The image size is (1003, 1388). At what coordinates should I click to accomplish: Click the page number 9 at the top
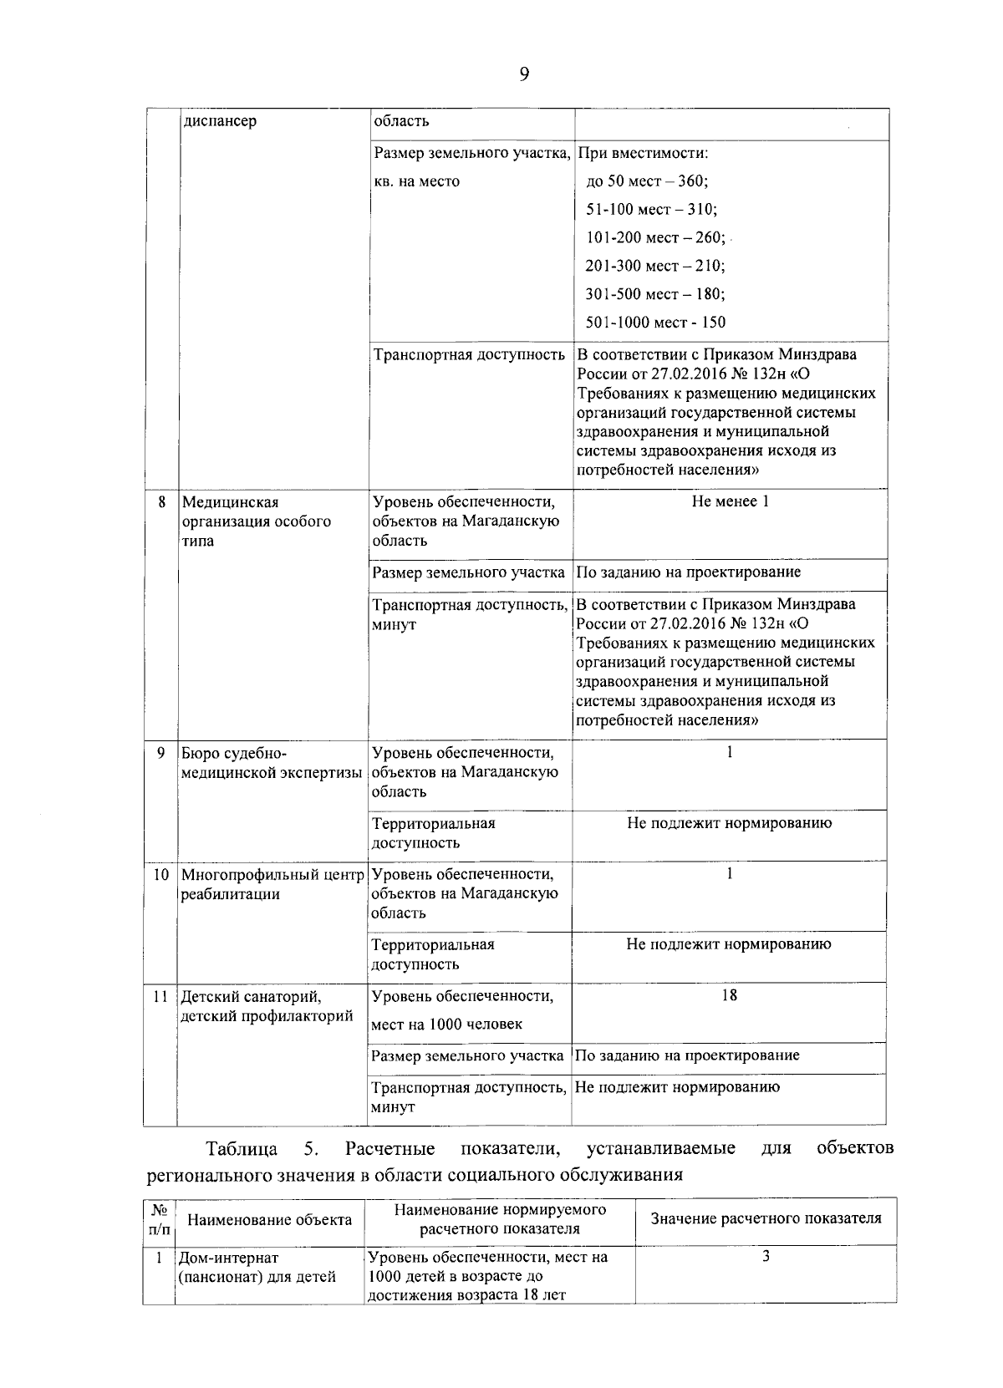(x=524, y=74)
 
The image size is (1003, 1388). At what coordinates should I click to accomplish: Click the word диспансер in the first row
(x=219, y=121)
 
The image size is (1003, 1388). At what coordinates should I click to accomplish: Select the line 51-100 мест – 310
(x=651, y=209)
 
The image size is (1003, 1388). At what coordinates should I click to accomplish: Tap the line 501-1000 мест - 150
(x=655, y=322)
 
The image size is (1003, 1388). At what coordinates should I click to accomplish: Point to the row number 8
(x=161, y=502)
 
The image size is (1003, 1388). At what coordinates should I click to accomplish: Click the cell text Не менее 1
(x=730, y=501)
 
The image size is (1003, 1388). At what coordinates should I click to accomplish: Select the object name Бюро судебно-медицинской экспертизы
(x=272, y=763)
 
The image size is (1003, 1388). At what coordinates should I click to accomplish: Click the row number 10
(x=160, y=875)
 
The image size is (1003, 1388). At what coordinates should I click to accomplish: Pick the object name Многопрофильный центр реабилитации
(x=273, y=884)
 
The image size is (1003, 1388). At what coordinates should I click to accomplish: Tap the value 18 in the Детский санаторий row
(x=729, y=995)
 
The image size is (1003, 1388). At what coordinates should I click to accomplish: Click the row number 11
(x=160, y=997)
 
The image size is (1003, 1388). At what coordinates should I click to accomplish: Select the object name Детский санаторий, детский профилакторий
(x=266, y=1006)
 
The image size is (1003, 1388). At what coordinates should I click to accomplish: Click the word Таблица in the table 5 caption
(x=242, y=1148)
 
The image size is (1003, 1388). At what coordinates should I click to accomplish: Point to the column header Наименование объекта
(x=269, y=1220)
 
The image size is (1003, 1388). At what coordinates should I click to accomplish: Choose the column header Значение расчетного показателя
(x=766, y=1218)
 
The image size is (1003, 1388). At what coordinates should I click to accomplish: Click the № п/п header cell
(x=159, y=1220)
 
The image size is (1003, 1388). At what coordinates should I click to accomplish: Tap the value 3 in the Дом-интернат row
(x=766, y=1257)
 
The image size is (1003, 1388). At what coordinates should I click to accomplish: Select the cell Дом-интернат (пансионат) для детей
(x=257, y=1267)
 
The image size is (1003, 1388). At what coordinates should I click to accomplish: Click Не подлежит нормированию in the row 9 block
(x=729, y=823)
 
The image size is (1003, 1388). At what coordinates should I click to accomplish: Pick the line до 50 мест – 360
(x=647, y=181)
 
